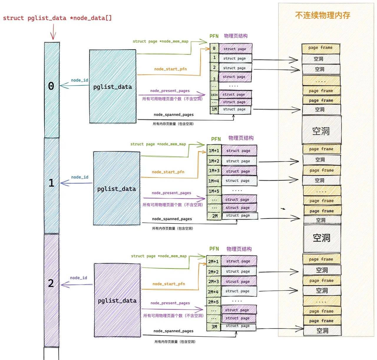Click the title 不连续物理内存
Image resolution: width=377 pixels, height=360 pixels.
323,15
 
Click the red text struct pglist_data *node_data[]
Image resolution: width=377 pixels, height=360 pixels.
57,18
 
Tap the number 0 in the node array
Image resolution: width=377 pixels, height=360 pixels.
51,86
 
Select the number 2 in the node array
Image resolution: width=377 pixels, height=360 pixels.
51,283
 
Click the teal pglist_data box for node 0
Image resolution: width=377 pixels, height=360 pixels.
113,87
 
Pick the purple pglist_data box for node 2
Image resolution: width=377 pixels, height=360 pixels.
117,300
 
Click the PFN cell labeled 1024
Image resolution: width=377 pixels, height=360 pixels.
214,95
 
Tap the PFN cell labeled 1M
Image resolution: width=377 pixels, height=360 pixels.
214,109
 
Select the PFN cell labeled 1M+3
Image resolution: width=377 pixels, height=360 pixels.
214,171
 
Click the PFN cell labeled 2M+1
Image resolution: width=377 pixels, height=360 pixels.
213,262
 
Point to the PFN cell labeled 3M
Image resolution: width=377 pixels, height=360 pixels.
214,327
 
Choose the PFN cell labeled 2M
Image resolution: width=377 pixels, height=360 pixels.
215,216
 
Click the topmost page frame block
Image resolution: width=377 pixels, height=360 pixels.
320,48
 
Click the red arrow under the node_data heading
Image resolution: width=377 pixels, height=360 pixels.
53,32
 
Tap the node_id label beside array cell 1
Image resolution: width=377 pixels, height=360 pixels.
80,177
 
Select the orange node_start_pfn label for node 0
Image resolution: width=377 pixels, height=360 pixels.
170,69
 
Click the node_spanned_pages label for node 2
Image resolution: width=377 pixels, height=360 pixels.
173,331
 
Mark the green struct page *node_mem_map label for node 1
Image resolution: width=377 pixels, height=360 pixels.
158,144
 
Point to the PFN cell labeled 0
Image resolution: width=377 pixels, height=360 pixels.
214,48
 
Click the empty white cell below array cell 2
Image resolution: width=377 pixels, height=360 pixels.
51,354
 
